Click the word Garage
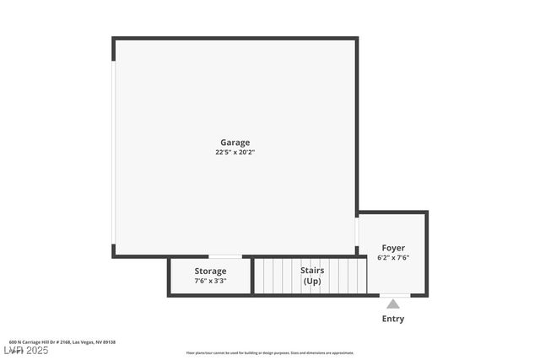click(x=235, y=142)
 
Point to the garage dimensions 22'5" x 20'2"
click(x=235, y=153)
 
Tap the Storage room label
click(x=210, y=271)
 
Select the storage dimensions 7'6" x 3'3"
click(x=210, y=281)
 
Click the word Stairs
click(x=312, y=270)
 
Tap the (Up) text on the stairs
click(x=312, y=281)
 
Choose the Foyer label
click(x=393, y=248)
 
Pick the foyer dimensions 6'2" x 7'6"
click(x=393, y=258)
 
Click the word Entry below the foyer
click(x=393, y=319)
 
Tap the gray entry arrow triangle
click(x=393, y=304)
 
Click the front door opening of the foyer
click(x=394, y=295)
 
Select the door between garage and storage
click(x=225, y=256)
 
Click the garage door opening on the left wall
click(x=114, y=152)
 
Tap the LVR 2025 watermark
click(x=25, y=350)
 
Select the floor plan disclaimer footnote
click(x=270, y=353)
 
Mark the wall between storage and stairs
click(x=252, y=276)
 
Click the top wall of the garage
click(x=235, y=38)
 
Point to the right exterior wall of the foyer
click(x=426, y=253)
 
